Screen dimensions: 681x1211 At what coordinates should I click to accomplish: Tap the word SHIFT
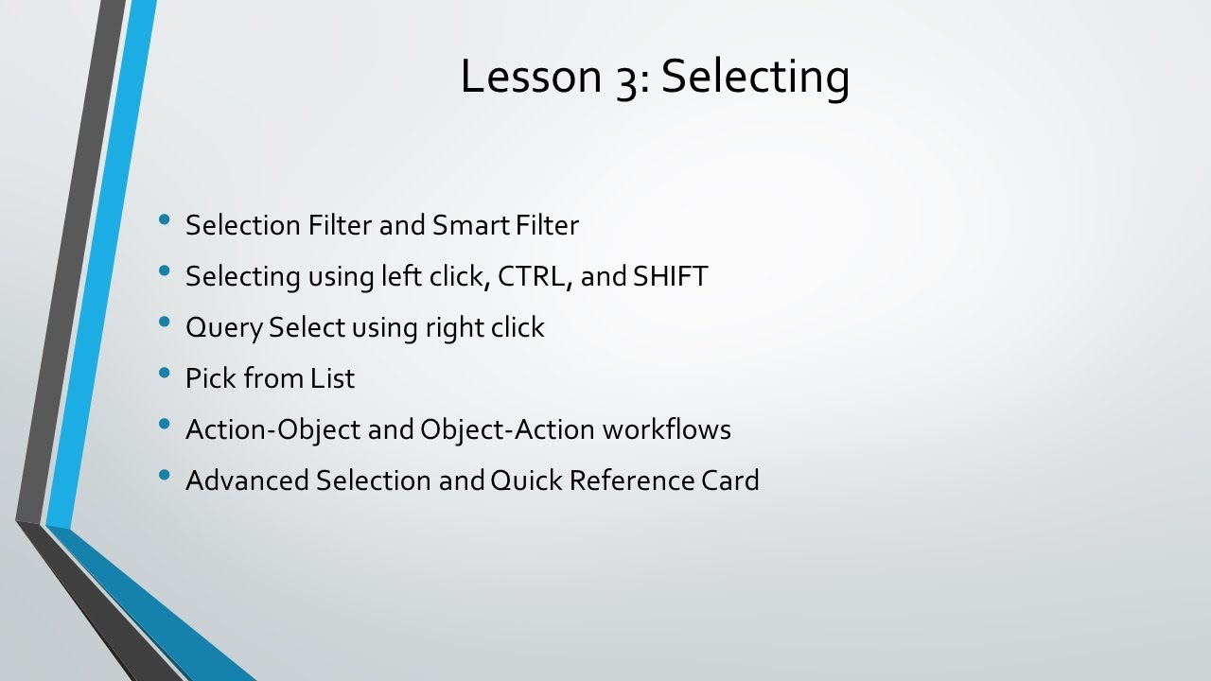point(670,276)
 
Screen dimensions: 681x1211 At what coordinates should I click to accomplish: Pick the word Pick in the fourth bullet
point(210,378)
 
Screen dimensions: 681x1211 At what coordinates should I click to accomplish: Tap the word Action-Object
point(272,429)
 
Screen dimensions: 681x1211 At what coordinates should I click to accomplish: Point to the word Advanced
point(247,480)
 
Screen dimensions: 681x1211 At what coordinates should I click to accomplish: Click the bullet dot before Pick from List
point(166,373)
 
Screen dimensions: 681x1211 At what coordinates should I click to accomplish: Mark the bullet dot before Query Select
point(166,322)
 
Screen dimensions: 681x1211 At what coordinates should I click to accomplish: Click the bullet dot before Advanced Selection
point(166,475)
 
